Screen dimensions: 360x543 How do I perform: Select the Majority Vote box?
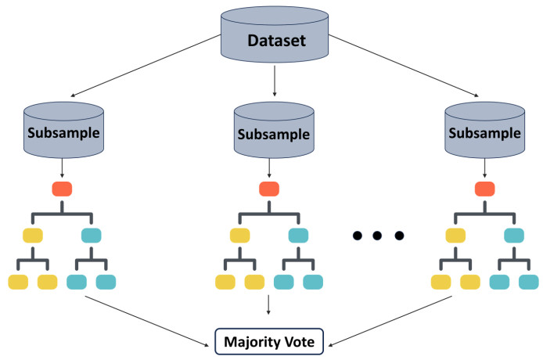click(x=270, y=342)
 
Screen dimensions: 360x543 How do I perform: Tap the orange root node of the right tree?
click(x=485, y=189)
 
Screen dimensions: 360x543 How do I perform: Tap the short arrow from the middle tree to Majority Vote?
click(x=270, y=305)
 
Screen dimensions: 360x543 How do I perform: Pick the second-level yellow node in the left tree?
click(x=32, y=234)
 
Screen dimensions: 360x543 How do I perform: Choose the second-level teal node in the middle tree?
click(x=298, y=234)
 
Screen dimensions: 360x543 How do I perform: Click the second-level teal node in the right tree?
click(x=513, y=234)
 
